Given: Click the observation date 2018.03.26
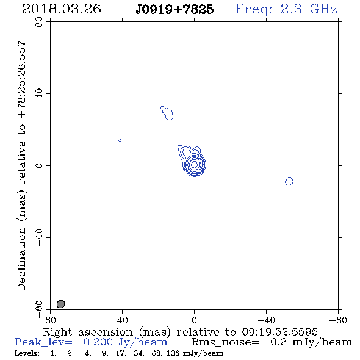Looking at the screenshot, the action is point(62,9).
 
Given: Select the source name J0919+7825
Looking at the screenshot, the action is point(175,9).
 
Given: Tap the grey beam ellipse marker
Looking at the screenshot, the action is point(61,304).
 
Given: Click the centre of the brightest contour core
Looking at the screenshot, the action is point(194,164).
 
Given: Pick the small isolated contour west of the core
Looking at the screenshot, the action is point(289,181).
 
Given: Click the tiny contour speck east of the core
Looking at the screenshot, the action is point(120,140).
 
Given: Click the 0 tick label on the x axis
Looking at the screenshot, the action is point(194,320).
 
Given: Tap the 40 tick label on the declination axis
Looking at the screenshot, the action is point(39,94).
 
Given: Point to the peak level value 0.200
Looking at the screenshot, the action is point(98,342).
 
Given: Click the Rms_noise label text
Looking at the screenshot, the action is point(225,342).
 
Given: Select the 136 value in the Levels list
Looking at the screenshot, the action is point(173,353).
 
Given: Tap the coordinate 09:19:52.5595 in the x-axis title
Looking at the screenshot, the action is point(279,332).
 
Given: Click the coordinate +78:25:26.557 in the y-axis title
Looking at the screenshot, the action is point(22,79).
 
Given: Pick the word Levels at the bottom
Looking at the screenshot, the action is point(27,353).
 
